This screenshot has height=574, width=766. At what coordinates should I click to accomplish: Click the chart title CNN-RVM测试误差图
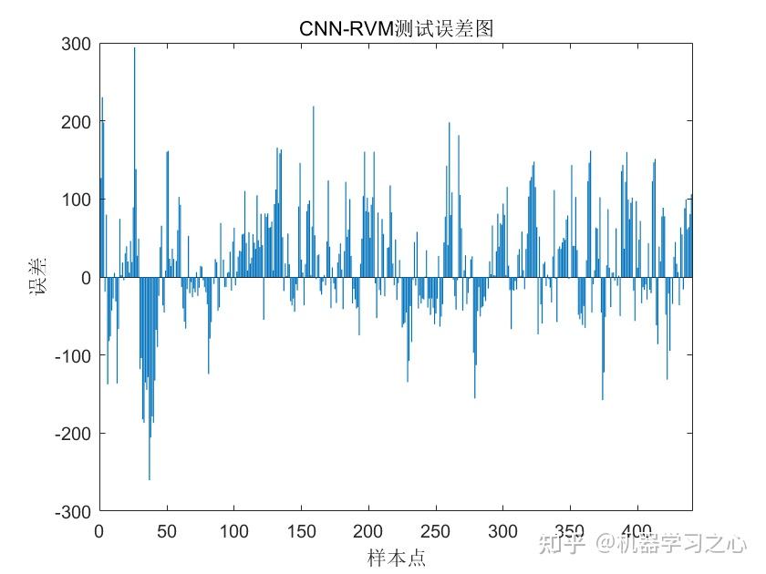tap(396, 29)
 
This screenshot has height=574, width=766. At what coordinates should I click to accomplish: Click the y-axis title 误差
tap(37, 278)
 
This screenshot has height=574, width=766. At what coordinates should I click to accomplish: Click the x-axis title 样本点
tap(396, 557)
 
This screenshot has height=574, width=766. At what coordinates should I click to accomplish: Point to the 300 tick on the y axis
tap(78, 44)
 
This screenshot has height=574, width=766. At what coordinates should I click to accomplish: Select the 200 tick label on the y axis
tap(78, 122)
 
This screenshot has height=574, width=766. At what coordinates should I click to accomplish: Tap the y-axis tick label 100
tap(78, 200)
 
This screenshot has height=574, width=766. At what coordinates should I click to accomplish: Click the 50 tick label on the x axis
tap(167, 530)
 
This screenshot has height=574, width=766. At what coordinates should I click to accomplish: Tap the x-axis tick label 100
tap(234, 530)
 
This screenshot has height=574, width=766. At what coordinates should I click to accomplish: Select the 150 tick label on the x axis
tap(302, 530)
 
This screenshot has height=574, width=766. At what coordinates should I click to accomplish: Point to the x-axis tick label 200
tap(368, 530)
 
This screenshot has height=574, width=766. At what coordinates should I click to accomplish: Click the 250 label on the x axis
tap(436, 530)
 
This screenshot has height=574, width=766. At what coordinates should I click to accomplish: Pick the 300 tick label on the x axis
tap(503, 530)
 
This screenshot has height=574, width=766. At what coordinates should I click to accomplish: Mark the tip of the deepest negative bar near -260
tap(150, 477)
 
